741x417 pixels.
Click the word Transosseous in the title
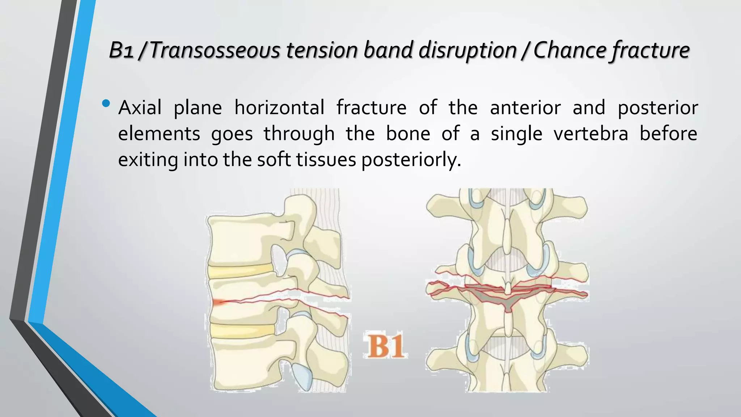point(215,50)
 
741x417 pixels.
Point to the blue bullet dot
point(106,104)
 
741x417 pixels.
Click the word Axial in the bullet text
point(140,108)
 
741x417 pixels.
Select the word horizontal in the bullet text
point(279,108)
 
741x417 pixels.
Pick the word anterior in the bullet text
point(525,108)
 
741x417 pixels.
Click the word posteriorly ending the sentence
point(411,160)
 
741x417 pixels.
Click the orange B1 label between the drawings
point(385,346)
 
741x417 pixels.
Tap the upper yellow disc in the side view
point(241,271)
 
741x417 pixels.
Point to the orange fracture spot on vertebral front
point(218,302)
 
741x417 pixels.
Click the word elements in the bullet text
point(159,134)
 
